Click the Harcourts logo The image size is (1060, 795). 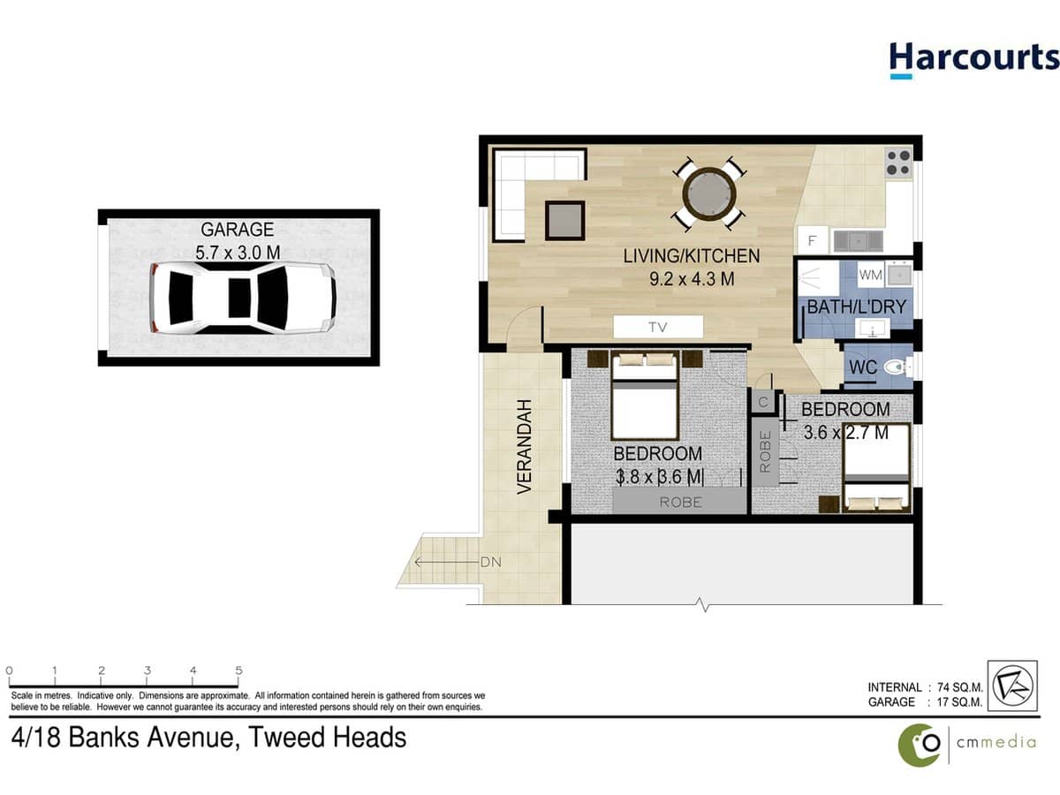[973, 59]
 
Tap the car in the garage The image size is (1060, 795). [242, 298]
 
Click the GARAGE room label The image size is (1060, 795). [237, 230]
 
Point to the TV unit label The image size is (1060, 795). [657, 327]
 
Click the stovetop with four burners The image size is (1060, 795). [897, 163]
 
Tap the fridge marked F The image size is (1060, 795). [812, 238]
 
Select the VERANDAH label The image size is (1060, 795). [524, 446]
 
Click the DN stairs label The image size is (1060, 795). [490, 562]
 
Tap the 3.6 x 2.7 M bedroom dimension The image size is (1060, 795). [845, 433]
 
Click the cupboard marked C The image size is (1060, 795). [761, 401]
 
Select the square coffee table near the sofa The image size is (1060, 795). [565, 220]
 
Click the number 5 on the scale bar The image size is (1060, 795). [238, 671]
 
